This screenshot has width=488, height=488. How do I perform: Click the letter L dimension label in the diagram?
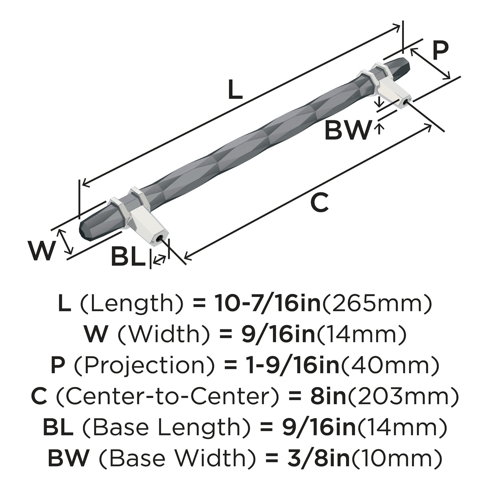tap(235, 89)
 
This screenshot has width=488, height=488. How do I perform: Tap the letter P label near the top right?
tap(441, 50)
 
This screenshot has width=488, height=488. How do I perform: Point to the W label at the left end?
tap(42, 251)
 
